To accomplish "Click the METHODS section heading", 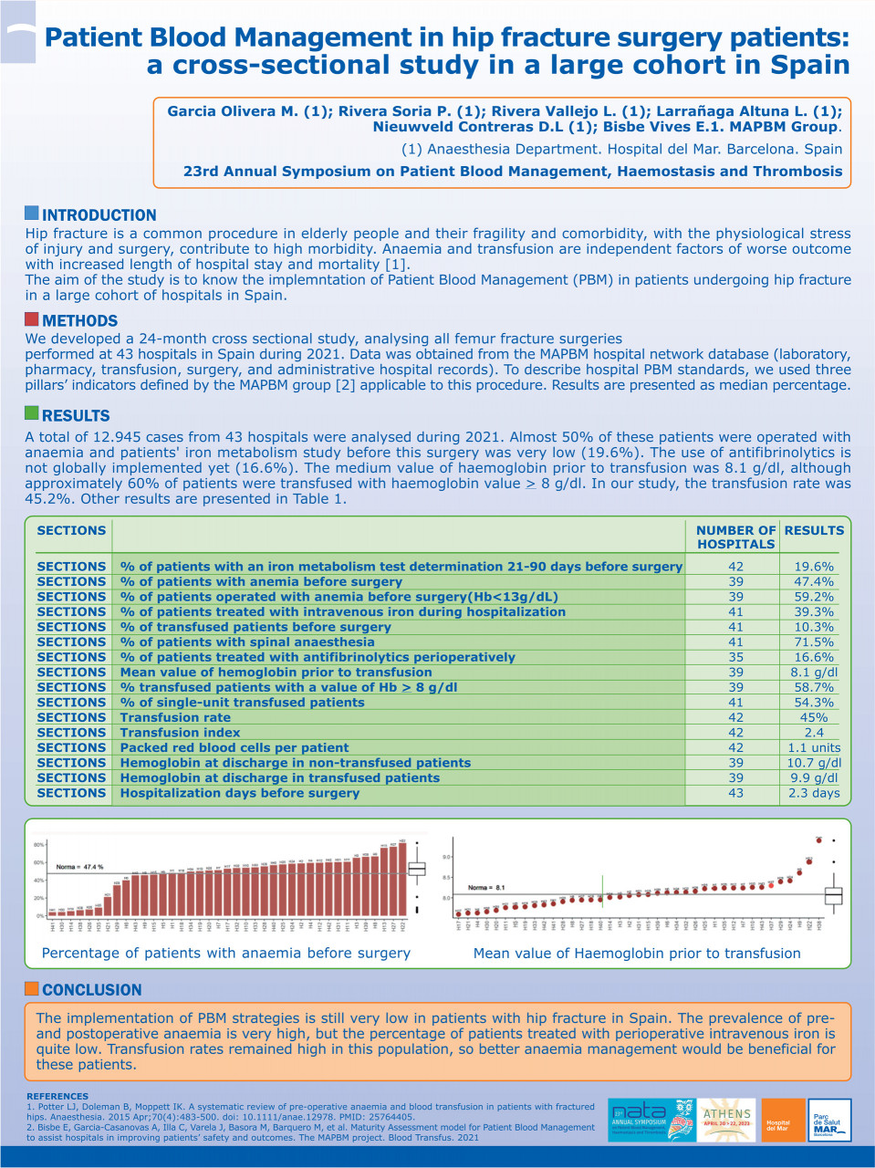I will tap(79, 321).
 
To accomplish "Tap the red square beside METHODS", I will tap(32, 319).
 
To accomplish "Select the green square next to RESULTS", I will tap(32, 413).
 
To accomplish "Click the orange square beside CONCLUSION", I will tap(32, 988).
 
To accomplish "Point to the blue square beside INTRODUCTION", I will tap(32, 214).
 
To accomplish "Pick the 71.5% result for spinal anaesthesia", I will tap(813, 642).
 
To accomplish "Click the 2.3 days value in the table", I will tap(813, 794).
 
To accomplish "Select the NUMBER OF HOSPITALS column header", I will tap(735, 537).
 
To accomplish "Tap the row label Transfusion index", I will tap(180, 733).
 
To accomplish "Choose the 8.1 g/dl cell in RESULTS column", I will tap(813, 673).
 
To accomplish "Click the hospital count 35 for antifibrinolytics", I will tap(735, 657).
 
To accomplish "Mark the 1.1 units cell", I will tap(813, 748).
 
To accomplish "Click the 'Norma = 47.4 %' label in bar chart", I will tap(79, 867).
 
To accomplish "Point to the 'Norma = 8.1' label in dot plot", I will tap(486, 887).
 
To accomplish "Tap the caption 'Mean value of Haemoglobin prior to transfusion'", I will tap(636, 954).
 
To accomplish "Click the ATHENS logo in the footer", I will tap(726, 1120).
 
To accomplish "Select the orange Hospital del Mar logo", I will tap(782, 1121).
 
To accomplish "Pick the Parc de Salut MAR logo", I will tap(829, 1121).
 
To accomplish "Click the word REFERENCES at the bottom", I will tap(57, 1096).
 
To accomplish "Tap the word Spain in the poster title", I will tap(810, 66).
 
